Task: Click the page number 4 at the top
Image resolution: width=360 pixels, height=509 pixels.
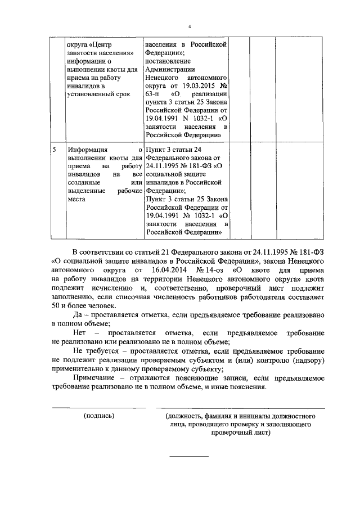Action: coord(190,26)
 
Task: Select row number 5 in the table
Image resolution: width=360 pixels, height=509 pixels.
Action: coord(54,151)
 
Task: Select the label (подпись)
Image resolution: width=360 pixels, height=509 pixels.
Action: coord(99,416)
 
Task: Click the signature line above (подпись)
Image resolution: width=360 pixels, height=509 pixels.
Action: coord(99,408)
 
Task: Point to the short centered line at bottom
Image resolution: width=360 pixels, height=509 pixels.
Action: coord(189,456)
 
